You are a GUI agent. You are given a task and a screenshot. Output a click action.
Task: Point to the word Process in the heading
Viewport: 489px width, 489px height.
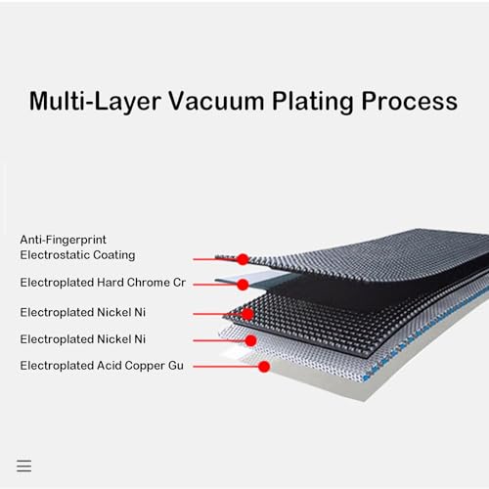[410, 102]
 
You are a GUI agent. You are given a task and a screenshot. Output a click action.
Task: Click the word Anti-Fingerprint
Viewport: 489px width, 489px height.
[63, 240]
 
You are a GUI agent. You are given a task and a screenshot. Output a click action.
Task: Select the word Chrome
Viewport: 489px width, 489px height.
[149, 283]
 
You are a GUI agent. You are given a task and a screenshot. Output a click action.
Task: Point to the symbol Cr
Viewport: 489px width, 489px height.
[179, 283]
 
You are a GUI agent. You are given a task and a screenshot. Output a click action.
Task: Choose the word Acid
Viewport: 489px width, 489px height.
[110, 366]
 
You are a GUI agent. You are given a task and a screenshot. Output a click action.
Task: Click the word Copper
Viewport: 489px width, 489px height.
[145, 366]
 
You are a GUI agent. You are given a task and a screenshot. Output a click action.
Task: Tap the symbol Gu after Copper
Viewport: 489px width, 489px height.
[176, 366]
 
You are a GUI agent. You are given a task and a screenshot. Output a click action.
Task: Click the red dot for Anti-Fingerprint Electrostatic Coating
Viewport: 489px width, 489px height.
[243, 259]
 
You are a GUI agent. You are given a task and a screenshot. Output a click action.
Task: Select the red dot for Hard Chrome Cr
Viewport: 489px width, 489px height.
[243, 285]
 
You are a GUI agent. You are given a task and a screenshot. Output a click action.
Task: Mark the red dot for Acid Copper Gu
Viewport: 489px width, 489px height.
[264, 367]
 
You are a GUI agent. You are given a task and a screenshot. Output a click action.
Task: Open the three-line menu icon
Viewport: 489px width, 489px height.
[24, 466]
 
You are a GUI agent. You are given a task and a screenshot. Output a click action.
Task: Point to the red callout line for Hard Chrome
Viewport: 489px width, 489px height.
[215, 285]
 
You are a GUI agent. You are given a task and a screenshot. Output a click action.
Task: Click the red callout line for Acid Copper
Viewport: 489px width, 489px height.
[226, 367]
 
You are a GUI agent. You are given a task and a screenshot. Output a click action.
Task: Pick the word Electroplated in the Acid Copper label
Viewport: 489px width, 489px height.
[57, 366]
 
